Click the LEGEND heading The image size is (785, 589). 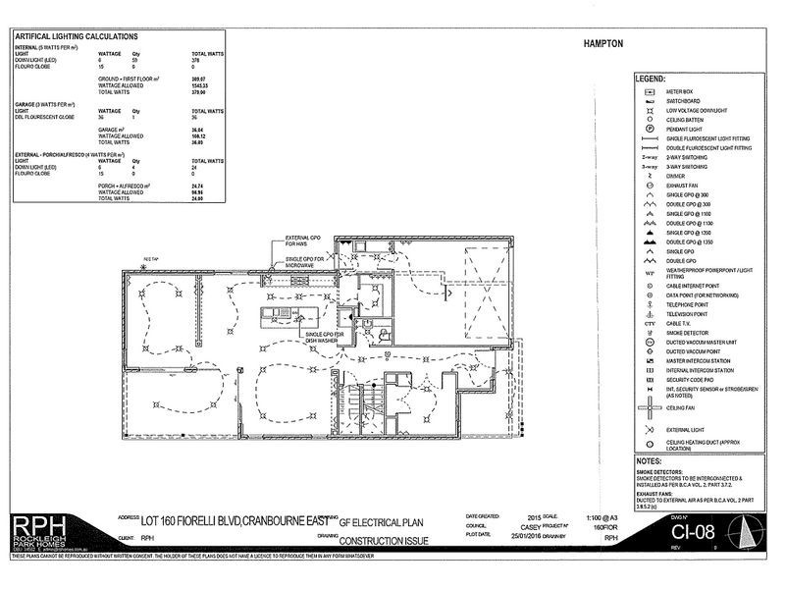coord(650,78)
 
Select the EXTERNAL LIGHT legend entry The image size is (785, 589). coord(686,428)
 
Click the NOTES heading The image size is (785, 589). coord(649,460)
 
